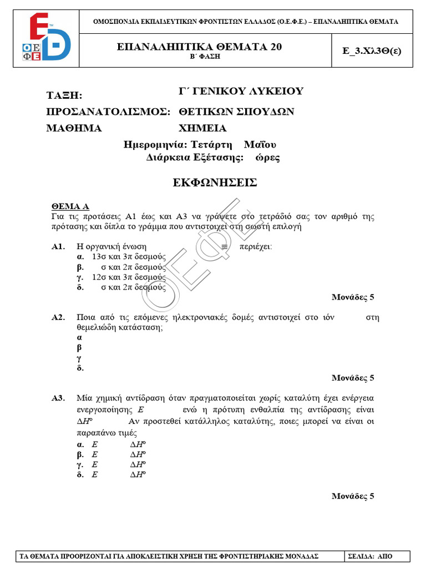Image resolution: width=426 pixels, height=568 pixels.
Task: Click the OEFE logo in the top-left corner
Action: (50, 38)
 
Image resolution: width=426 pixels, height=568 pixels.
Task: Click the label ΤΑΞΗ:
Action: (64, 95)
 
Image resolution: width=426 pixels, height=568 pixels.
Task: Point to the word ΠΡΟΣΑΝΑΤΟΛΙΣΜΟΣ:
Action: (108, 112)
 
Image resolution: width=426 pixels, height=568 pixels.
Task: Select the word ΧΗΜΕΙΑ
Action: (202, 128)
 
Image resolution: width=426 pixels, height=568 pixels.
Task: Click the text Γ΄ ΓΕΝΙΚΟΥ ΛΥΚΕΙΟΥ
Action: (241, 92)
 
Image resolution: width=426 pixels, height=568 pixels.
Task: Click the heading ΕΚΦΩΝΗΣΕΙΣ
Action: (213, 182)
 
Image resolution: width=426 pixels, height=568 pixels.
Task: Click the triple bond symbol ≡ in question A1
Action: (224, 246)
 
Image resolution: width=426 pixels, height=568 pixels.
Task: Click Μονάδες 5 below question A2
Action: (353, 378)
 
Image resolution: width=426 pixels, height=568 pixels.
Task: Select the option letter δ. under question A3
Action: (80, 474)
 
